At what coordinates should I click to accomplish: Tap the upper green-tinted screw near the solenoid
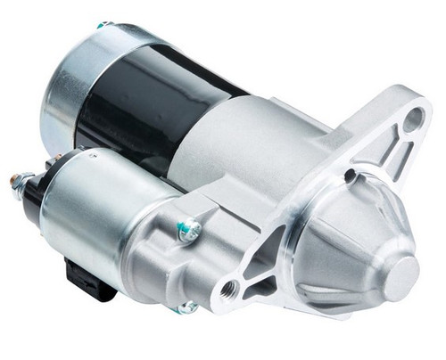coord(187,232)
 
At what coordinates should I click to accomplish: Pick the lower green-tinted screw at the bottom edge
coord(186,308)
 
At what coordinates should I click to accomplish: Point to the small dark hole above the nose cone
coord(351,175)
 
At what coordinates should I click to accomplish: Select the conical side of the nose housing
coord(352,241)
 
